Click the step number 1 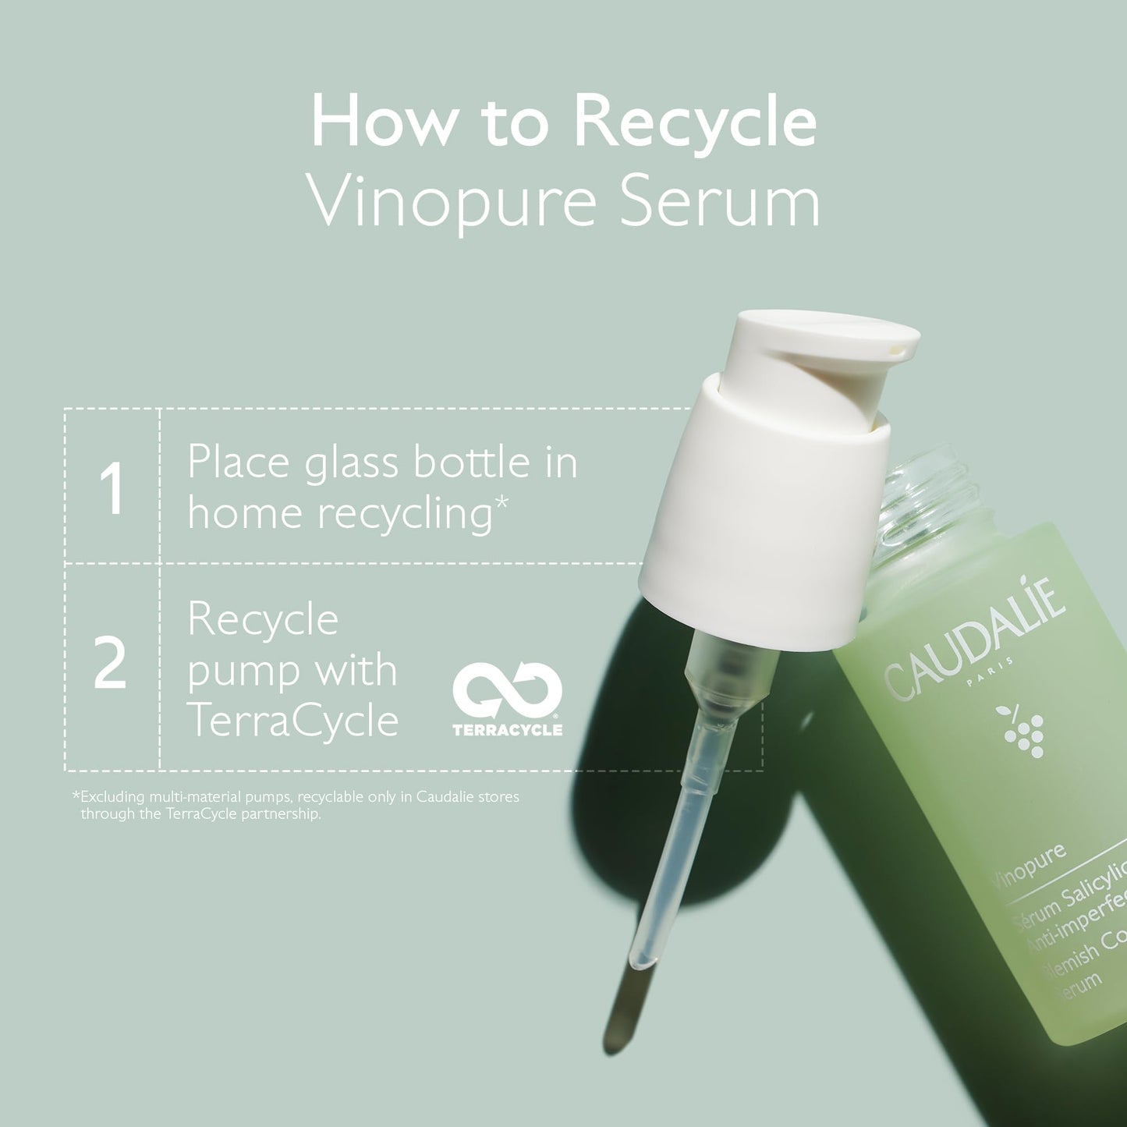112,489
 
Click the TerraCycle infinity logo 508,689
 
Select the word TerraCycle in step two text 292,720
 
